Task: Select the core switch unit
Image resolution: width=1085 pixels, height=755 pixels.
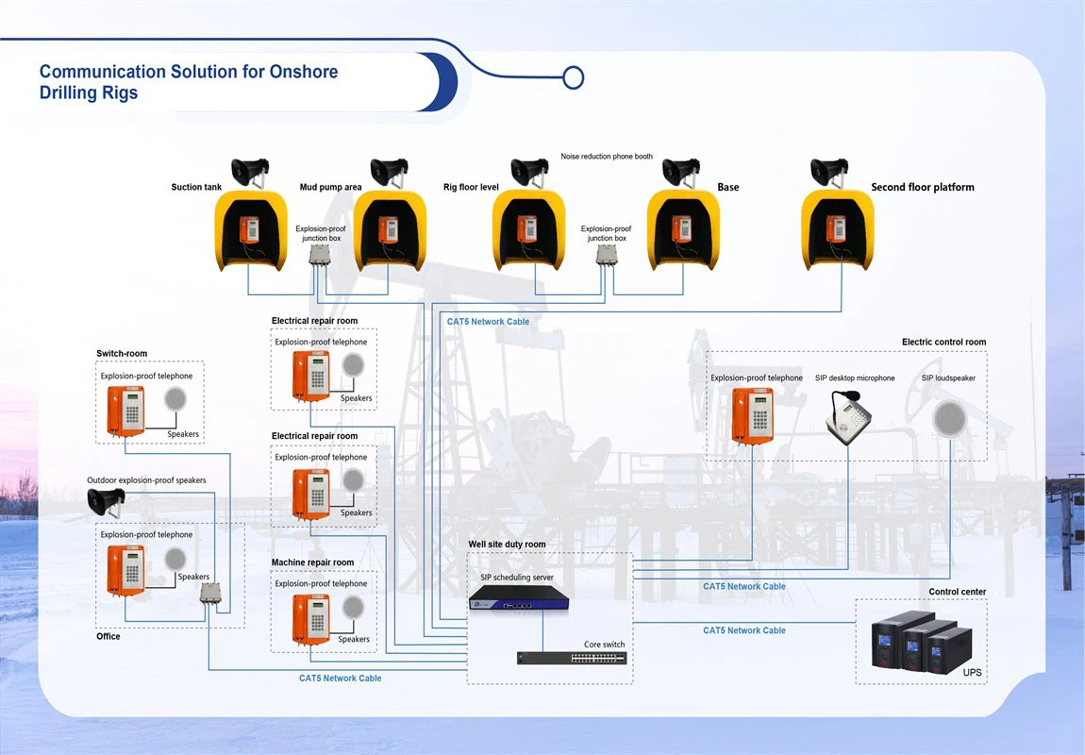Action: click(x=571, y=658)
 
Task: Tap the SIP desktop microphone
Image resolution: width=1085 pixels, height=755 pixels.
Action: click(x=846, y=414)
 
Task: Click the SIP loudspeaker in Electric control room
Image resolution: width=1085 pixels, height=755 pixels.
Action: click(x=948, y=419)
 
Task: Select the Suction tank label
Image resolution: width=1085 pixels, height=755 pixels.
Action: click(x=196, y=187)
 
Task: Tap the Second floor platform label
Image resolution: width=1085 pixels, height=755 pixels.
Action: click(x=922, y=187)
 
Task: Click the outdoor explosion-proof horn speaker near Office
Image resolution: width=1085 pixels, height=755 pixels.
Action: click(x=106, y=504)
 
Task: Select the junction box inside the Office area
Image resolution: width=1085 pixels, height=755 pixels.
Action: click(x=209, y=594)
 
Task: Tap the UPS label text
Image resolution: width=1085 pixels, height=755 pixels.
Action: click(x=972, y=673)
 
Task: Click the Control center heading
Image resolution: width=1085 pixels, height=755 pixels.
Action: click(x=957, y=592)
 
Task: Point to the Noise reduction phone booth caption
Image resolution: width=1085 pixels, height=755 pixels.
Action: click(x=607, y=157)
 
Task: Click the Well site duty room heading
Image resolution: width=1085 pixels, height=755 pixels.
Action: click(x=507, y=545)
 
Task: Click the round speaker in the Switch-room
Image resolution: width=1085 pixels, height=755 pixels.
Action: click(x=175, y=400)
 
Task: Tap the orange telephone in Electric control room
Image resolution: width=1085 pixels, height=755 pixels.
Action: click(x=752, y=413)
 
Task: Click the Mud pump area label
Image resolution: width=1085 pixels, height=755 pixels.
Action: click(x=330, y=187)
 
